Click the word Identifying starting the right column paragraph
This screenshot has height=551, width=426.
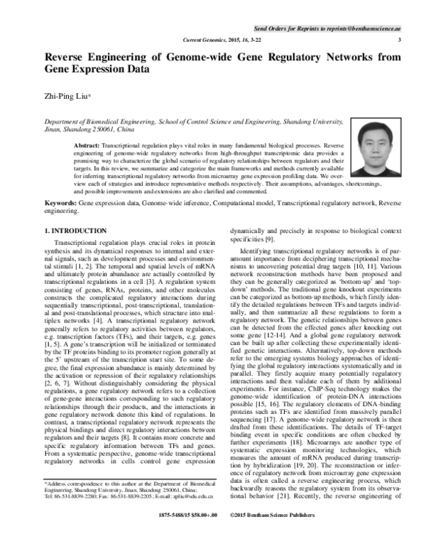[259, 271]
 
